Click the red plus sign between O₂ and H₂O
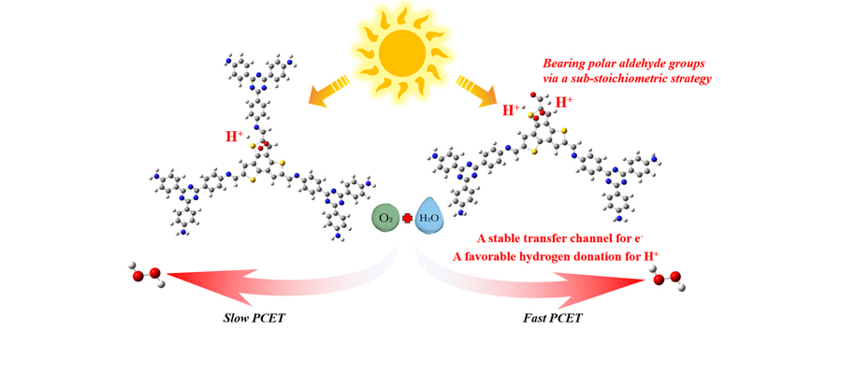[407, 220]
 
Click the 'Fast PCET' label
[552, 319]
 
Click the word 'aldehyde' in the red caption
[649, 64]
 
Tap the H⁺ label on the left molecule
[235, 137]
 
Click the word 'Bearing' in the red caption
[565, 64]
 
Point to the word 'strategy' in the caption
[691, 79]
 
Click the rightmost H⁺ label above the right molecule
[565, 102]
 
